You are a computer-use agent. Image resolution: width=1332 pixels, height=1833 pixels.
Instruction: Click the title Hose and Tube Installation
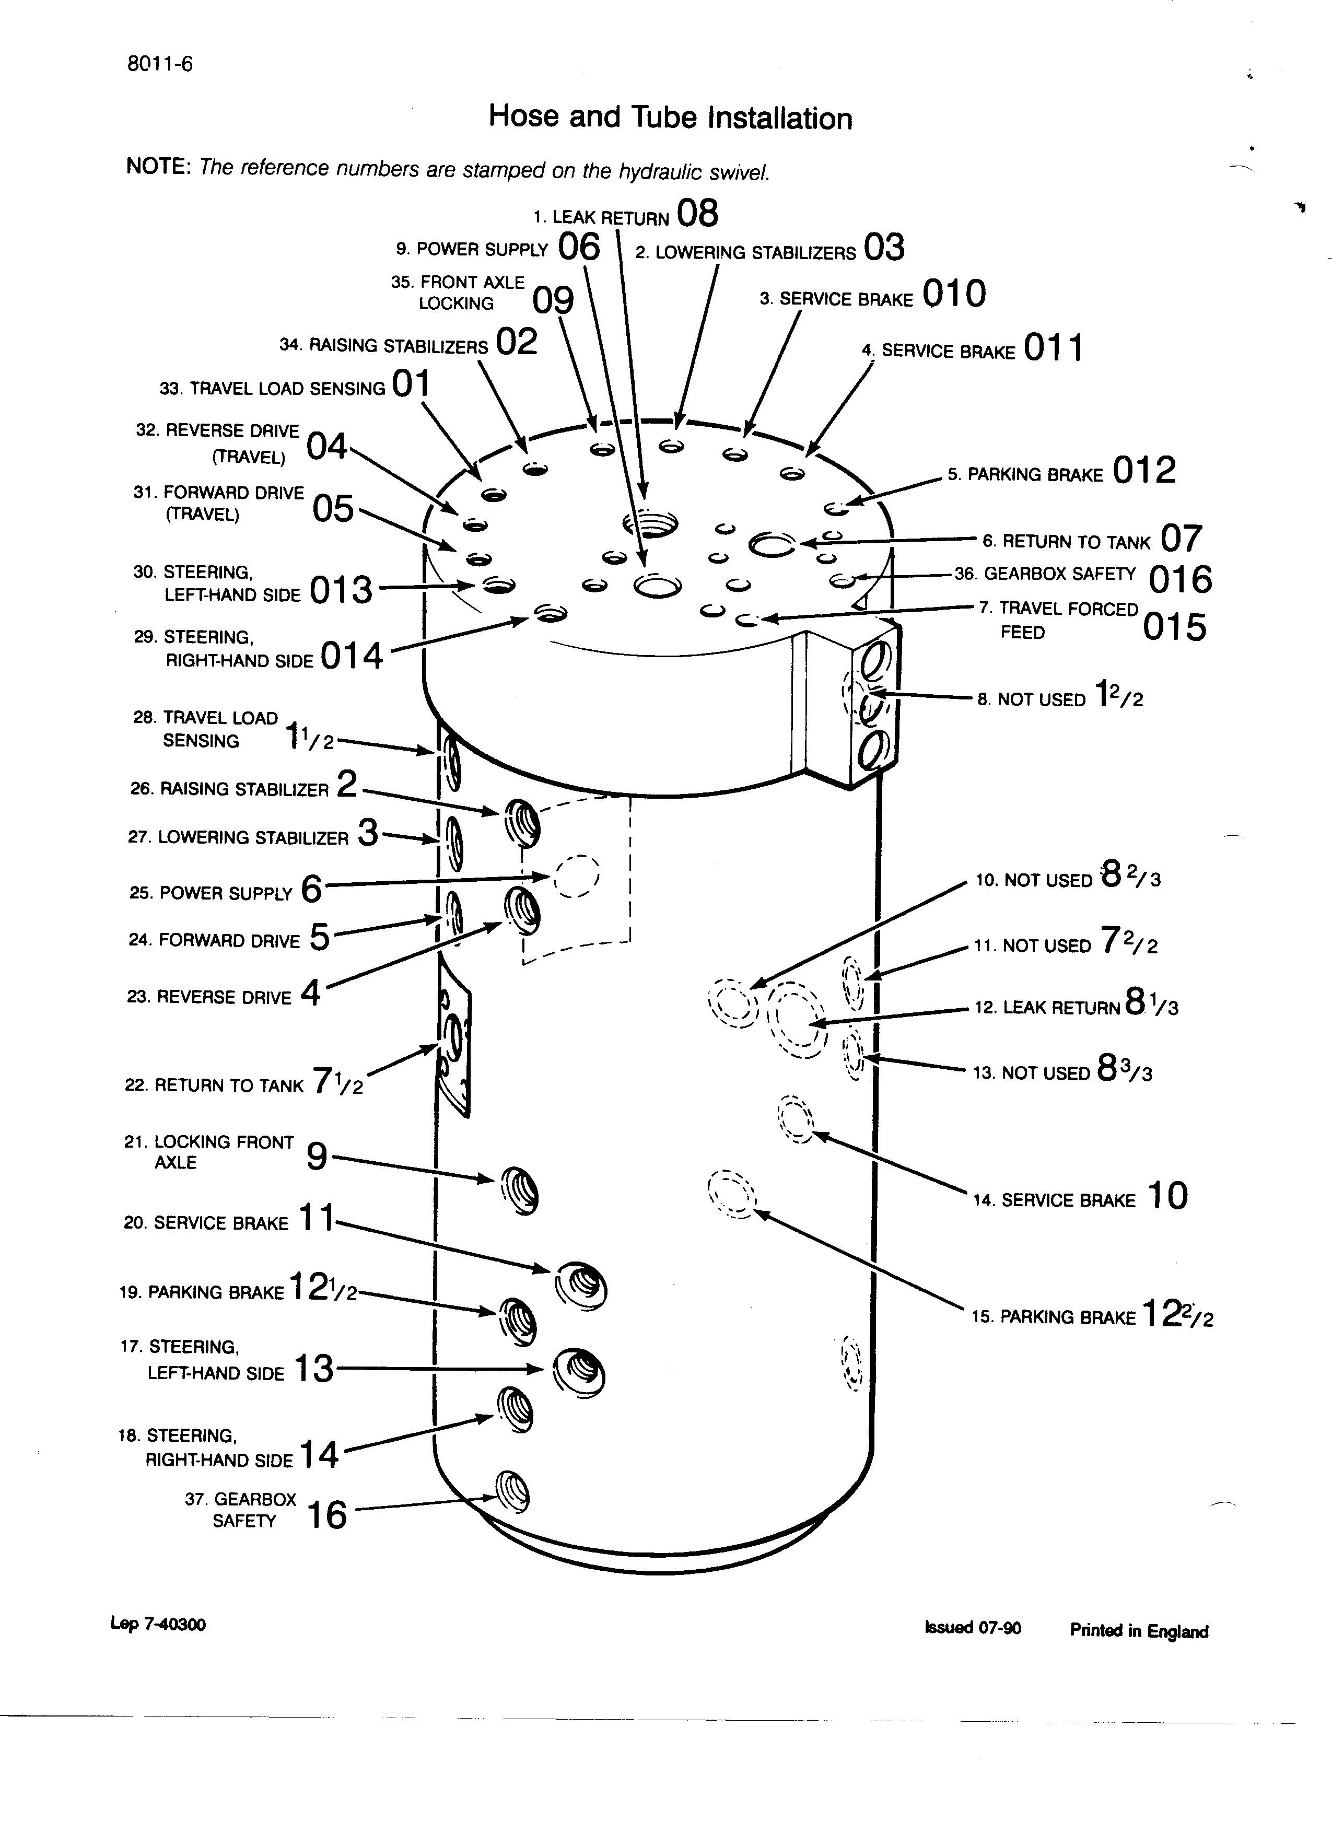click(x=670, y=118)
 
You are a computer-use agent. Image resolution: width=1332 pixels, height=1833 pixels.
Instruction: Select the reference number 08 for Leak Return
click(x=697, y=214)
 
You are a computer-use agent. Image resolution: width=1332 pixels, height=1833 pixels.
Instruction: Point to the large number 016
click(x=1180, y=579)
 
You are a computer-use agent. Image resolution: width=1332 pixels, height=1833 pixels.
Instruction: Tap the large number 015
click(x=1174, y=628)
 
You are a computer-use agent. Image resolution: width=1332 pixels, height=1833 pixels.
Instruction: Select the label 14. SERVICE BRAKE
click(x=1054, y=1201)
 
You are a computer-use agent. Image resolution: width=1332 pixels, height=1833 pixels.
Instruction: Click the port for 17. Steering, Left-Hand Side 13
click(x=579, y=1370)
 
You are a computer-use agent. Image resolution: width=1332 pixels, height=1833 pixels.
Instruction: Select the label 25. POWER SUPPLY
click(x=210, y=893)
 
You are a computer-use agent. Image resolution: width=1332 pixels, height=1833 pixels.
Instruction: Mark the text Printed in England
click(x=1138, y=1631)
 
